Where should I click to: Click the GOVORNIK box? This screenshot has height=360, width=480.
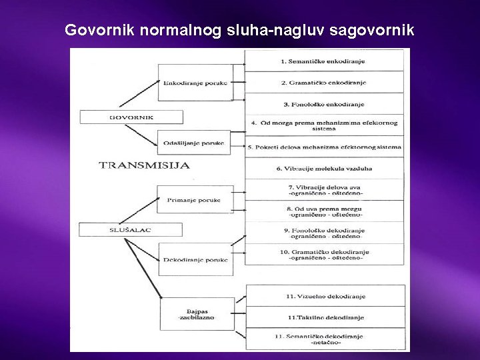coord(131,117)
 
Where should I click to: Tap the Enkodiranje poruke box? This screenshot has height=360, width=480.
coord(195,83)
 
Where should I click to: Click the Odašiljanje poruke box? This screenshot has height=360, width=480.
coord(195,143)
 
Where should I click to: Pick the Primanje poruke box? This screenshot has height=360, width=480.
coord(195,199)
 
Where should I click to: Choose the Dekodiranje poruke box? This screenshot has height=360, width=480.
coord(196,259)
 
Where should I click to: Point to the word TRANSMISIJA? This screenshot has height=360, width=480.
coord(144,165)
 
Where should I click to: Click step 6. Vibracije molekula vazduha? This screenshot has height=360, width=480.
coord(325,168)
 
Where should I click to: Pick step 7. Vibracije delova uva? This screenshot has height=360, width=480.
coord(325,190)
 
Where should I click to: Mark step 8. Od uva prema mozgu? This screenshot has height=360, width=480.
coord(325,211)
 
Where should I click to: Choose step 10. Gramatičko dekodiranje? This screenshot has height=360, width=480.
coord(325,255)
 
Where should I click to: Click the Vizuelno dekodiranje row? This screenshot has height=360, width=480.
coord(325,296)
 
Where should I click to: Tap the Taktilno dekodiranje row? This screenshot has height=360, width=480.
coord(325,317)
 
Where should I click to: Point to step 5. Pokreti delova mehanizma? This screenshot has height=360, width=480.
coord(325,147)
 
